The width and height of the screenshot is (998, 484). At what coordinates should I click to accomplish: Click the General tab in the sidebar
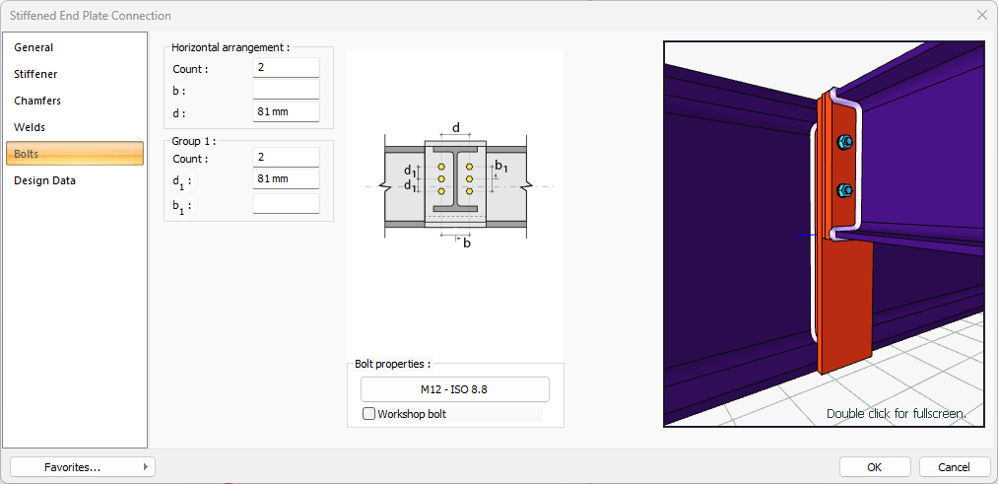pos(34,47)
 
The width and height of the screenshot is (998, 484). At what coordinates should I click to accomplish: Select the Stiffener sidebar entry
pos(35,74)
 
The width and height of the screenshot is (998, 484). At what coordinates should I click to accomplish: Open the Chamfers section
pos(37,101)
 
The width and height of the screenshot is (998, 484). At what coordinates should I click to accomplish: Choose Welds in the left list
pos(30,127)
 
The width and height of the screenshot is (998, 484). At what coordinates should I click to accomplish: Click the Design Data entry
pos(44,180)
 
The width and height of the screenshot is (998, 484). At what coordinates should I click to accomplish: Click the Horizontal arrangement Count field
pos(286,67)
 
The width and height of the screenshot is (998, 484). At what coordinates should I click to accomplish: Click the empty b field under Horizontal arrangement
pos(286,90)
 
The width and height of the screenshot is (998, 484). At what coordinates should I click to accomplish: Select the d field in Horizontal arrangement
pos(286,112)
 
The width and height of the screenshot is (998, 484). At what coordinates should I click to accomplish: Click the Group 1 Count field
pos(286,158)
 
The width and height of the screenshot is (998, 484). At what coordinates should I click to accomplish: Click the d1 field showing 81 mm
pos(286,179)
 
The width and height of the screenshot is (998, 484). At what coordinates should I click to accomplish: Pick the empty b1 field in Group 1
pos(286,204)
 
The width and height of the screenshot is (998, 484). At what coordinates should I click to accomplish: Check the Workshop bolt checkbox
pos(369,414)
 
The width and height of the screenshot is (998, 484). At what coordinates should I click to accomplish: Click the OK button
pos(874,466)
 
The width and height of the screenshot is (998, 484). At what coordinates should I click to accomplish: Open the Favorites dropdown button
pos(83,466)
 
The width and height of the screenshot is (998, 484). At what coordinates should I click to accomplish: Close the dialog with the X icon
pos(982,15)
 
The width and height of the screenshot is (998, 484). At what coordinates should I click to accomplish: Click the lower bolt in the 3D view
pos(843,189)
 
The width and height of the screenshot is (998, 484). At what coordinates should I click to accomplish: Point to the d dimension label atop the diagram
pos(455,128)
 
